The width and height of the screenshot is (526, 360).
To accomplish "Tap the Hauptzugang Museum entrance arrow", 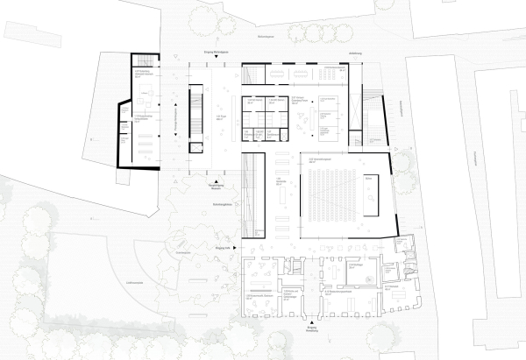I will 212,179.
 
